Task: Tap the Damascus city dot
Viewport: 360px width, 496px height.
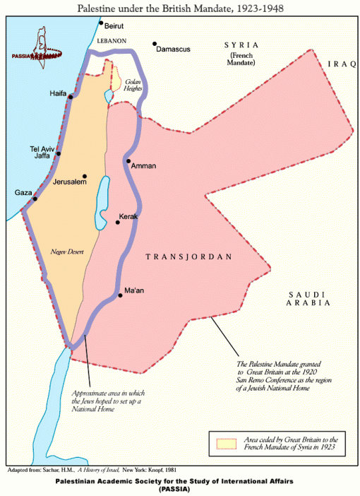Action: tap(155, 44)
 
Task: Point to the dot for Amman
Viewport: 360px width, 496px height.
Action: tap(128, 161)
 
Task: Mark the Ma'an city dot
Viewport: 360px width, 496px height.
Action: tap(121, 296)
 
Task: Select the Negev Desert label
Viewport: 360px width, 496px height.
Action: tap(68, 251)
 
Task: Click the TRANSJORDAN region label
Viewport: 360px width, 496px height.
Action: tap(188, 257)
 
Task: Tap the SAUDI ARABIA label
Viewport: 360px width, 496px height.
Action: tap(307, 298)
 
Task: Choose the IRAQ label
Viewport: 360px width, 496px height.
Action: tap(342, 64)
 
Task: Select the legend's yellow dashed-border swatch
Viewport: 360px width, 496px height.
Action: tap(224, 443)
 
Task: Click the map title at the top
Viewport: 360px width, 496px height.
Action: tap(179, 6)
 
